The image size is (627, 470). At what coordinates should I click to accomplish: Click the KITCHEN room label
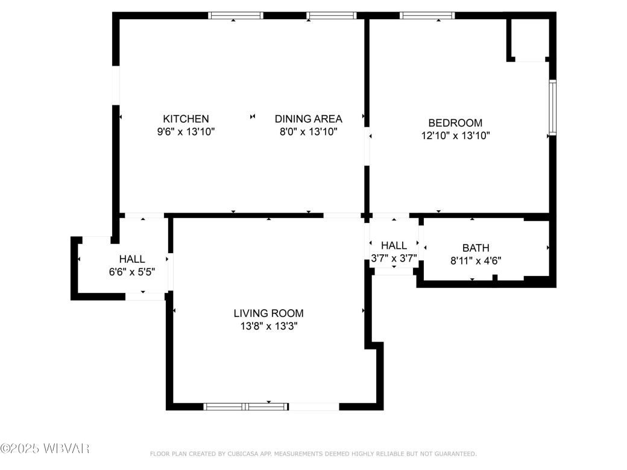pos(186,119)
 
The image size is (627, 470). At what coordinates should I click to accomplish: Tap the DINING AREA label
pos(308,119)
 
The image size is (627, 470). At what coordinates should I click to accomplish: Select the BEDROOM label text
pos(455,123)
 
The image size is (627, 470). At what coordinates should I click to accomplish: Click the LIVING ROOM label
pos(268,313)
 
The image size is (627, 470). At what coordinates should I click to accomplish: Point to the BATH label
pos(476,248)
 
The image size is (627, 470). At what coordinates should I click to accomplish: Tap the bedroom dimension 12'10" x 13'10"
pos(455,136)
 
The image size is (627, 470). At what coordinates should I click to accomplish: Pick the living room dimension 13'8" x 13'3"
pos(268,327)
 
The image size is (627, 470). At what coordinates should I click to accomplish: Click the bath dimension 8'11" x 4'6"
pos(476,261)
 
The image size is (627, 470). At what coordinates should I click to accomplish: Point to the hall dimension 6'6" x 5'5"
pos(131,272)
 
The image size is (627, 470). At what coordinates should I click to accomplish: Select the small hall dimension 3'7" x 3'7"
pos(394,258)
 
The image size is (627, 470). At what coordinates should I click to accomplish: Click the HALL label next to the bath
pos(394,245)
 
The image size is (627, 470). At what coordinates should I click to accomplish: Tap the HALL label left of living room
pos(131,258)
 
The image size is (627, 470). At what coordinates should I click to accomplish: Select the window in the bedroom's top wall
pos(427,16)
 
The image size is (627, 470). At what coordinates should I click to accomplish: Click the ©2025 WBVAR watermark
pos(45,448)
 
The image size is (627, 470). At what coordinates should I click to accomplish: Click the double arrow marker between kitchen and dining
pos(253,116)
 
